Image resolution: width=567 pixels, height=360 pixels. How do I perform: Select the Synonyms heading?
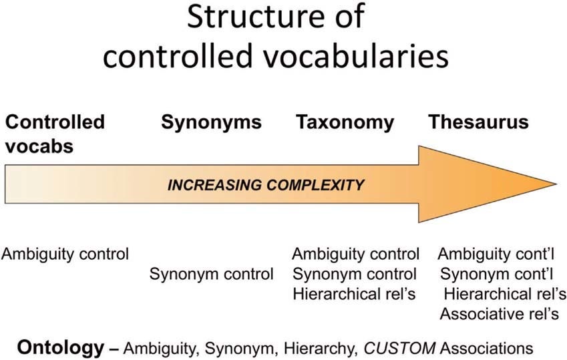pos(211,123)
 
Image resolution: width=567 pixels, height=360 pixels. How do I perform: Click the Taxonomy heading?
pos(345,123)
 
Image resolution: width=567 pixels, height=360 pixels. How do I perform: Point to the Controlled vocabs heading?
pos(55,134)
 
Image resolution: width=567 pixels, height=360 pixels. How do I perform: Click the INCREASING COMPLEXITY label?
pos(266,184)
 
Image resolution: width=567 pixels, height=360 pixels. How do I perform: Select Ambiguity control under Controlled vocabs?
pos(65,254)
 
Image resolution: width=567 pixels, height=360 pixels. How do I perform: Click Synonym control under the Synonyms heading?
pos(212,274)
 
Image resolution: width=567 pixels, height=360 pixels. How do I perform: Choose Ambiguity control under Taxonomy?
pos(356,254)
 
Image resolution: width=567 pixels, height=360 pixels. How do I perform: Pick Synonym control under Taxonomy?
pos(355,274)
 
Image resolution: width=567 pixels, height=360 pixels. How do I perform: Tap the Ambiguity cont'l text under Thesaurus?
pos(498,254)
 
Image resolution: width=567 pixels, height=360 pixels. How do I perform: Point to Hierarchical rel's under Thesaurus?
pos(505,294)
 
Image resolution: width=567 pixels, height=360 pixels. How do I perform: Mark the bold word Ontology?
pos(61,347)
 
